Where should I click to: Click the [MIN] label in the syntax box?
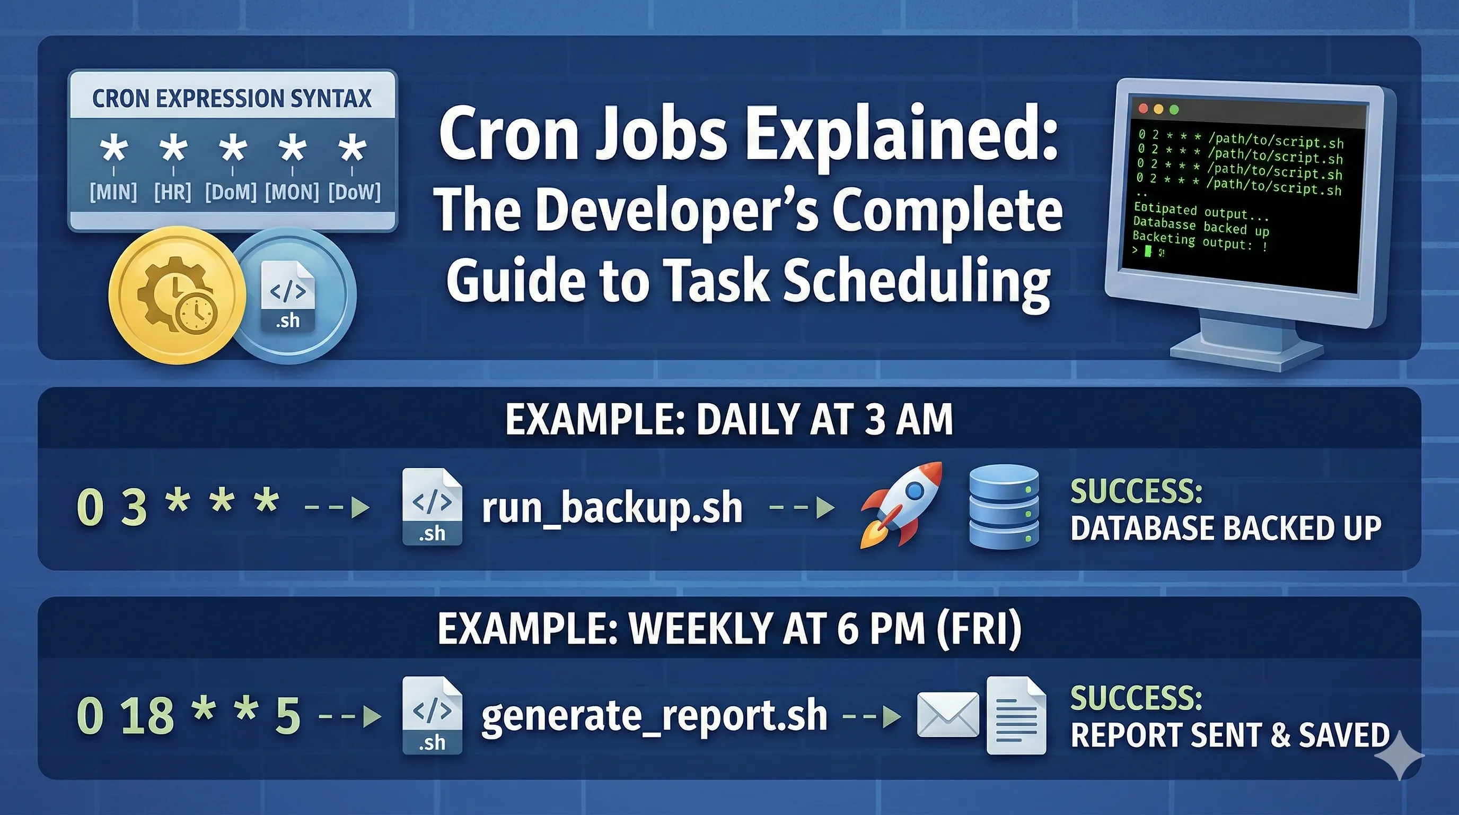[113, 192]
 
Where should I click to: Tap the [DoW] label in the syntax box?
[355, 192]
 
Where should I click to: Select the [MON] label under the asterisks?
[292, 192]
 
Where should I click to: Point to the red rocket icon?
[901, 505]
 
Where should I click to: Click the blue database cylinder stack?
[1004, 507]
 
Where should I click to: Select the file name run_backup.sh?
[612, 508]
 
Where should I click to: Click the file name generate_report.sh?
[654, 715]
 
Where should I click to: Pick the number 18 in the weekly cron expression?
[148, 715]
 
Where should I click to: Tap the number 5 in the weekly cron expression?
[288, 715]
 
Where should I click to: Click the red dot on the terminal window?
[1143, 108]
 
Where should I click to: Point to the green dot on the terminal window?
[1174, 110]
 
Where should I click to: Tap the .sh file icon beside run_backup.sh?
[432, 507]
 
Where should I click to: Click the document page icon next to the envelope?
[1016, 715]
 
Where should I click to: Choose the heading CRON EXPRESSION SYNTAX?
[232, 98]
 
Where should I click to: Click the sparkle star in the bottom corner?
[1399, 756]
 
